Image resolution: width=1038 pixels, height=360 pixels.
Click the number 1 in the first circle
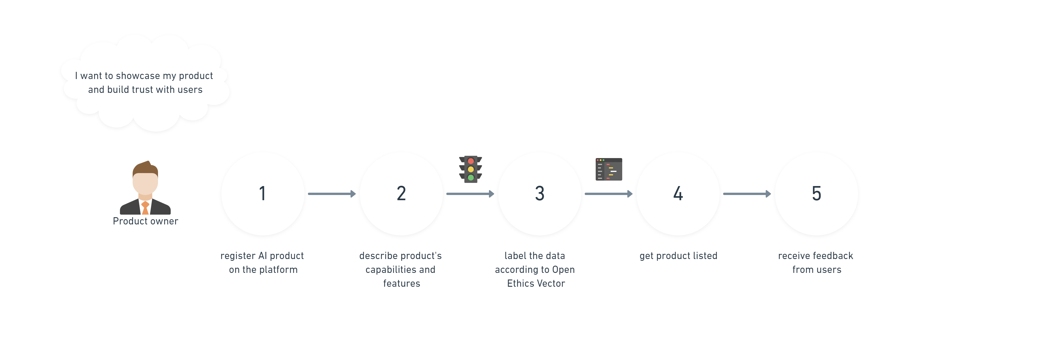coord(263,194)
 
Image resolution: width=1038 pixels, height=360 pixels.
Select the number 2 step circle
coord(401,194)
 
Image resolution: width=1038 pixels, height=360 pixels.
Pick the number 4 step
coord(678,194)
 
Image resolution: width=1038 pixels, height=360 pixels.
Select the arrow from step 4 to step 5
coord(747,194)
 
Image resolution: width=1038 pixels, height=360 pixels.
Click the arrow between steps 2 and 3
coord(470,194)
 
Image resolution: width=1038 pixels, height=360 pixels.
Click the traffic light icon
coord(471,169)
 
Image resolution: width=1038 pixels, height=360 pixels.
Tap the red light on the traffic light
coord(471,161)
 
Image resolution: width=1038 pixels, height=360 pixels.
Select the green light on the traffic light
coord(471,177)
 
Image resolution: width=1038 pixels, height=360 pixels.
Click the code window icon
coord(609,169)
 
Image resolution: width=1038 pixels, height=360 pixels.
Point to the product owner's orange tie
coord(145,208)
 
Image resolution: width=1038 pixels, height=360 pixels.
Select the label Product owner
coord(146,221)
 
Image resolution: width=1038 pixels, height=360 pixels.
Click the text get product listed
coord(678,256)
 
